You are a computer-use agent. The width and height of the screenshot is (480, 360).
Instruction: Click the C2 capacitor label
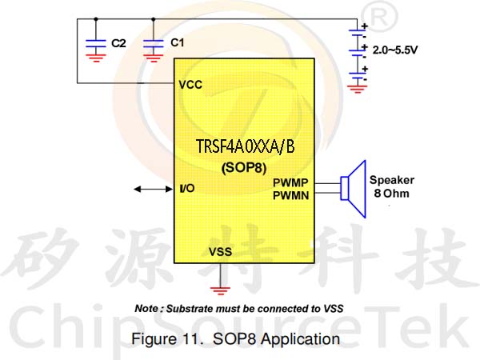[x=118, y=43]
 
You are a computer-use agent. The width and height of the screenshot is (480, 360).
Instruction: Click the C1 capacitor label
[x=178, y=42]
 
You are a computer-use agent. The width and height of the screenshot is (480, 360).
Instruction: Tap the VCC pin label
[x=190, y=85]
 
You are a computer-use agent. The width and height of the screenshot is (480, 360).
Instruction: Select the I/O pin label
[x=187, y=188]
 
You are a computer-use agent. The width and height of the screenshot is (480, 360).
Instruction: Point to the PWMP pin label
[x=290, y=182]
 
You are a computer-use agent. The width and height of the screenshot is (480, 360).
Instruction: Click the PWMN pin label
[x=291, y=196]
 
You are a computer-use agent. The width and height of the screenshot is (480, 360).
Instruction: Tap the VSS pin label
[x=221, y=252]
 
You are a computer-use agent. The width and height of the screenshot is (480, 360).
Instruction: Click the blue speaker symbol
[x=354, y=189]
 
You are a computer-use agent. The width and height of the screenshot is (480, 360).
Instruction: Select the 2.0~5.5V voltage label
[x=395, y=50]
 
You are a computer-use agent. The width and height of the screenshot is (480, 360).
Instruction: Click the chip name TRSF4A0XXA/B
[x=246, y=146]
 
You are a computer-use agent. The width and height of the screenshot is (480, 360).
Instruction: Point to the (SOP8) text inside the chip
[x=244, y=168]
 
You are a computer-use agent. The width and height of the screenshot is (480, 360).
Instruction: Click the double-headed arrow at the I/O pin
[x=154, y=189]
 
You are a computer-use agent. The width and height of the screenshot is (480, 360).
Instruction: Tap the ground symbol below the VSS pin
[x=220, y=290]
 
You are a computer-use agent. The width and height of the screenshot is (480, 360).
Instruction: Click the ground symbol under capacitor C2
[x=96, y=58]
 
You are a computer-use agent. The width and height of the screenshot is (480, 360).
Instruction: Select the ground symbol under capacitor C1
[x=154, y=58]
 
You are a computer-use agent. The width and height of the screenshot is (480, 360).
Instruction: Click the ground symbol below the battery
[x=357, y=89]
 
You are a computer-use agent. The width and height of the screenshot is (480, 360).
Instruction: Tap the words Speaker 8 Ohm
[x=392, y=186]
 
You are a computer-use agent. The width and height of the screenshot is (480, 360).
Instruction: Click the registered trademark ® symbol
[x=379, y=17]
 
